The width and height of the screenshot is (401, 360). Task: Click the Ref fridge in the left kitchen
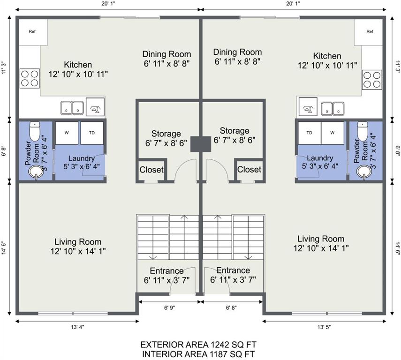33,32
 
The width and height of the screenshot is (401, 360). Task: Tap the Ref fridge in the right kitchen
368,32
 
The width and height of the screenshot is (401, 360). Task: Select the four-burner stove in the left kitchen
30,78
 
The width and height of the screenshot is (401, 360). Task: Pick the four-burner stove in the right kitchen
372,80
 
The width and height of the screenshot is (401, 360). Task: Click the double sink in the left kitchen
72,108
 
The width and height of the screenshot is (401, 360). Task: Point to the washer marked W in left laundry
67,133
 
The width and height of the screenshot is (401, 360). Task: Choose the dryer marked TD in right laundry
310,133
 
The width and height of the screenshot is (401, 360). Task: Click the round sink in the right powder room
364,172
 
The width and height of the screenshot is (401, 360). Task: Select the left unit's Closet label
151,170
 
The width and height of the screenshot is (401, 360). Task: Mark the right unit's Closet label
249,170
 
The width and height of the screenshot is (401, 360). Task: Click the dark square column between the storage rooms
201,144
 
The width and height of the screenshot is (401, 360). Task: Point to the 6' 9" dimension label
170,307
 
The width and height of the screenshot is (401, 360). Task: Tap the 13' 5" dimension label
324,327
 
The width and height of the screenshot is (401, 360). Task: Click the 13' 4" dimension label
77,327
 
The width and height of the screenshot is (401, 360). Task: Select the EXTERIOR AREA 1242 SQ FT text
198,345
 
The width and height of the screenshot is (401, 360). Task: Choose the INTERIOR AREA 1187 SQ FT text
198,354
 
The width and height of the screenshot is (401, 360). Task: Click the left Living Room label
78,241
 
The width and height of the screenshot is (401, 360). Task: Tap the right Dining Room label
238,52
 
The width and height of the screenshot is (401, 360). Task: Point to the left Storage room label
166,134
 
